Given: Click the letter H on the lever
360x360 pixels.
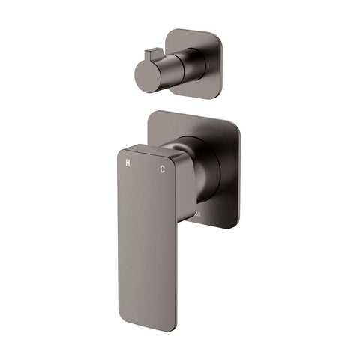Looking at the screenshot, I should tap(128, 163).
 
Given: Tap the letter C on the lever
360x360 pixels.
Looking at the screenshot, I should tap(162, 169).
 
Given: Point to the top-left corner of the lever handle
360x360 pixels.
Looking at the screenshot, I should tap(120, 150).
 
